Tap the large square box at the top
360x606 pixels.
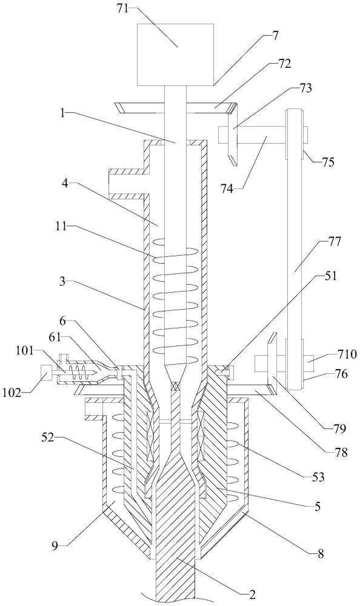pyautogui.click(x=176, y=55)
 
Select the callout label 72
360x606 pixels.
pyautogui.click(x=285, y=64)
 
